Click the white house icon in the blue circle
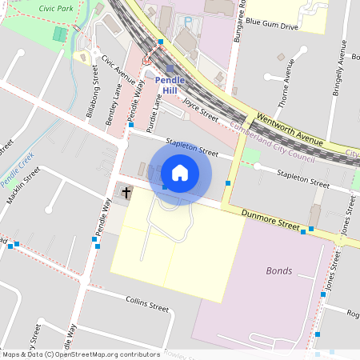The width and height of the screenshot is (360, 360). [180, 172]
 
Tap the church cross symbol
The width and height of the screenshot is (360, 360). [126, 193]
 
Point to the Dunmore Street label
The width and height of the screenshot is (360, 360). [271, 223]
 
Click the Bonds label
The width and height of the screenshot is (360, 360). [278, 270]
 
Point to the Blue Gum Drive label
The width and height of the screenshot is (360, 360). [272, 26]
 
